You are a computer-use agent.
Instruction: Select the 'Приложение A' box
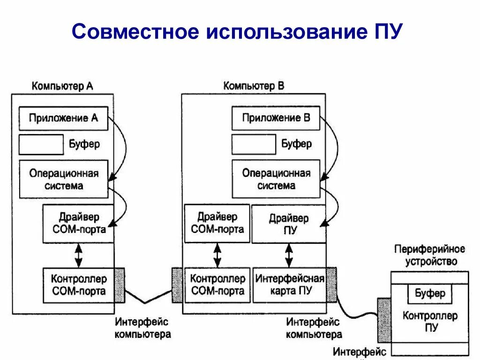pyautogui.click(x=63, y=119)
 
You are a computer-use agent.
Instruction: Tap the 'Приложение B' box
pyautogui.click(x=276, y=119)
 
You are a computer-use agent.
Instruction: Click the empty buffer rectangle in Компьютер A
pyautogui.click(x=41, y=144)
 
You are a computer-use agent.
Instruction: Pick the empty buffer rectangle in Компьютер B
pyautogui.click(x=254, y=144)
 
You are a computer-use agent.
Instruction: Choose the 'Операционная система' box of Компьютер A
pyautogui.click(x=63, y=179)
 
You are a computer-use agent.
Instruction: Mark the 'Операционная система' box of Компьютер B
pyautogui.click(x=276, y=179)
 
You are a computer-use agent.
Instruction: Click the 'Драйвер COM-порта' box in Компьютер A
pyautogui.click(x=78, y=224)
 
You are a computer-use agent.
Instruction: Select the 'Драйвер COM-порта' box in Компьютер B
pyautogui.click(x=217, y=223)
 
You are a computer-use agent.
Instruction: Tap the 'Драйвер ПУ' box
pyautogui.click(x=289, y=224)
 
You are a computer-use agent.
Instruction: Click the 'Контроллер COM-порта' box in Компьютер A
pyautogui.click(x=78, y=285)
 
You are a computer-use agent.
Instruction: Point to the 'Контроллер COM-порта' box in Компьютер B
pyautogui.click(x=217, y=285)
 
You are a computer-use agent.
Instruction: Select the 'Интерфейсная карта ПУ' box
pyautogui.click(x=289, y=285)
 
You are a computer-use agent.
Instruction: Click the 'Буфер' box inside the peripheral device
pyautogui.click(x=430, y=294)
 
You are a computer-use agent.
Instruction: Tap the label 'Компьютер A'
pyautogui.click(x=62, y=86)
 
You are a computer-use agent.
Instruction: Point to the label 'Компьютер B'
pyautogui.click(x=254, y=86)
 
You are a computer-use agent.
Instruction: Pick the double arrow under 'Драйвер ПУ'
pyautogui.click(x=289, y=255)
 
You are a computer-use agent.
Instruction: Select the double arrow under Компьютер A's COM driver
pyautogui.click(x=78, y=255)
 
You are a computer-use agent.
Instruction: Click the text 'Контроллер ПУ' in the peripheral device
pyautogui.click(x=430, y=321)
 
